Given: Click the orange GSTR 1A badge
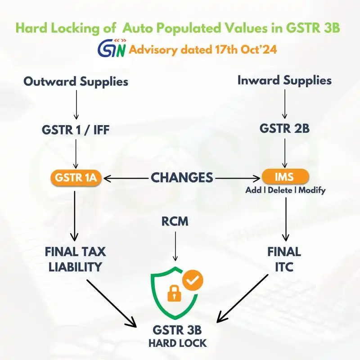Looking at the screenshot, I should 76,177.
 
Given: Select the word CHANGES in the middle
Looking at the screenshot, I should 182,177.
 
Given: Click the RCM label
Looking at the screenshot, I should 175,221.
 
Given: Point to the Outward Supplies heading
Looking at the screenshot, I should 76,81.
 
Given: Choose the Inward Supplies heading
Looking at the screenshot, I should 284,81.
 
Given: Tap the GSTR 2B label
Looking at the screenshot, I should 284,129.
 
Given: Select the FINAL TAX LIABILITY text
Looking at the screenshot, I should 76,259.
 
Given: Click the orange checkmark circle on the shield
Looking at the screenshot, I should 193,280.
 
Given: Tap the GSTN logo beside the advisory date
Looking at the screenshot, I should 112,49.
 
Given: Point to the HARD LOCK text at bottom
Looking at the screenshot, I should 178,343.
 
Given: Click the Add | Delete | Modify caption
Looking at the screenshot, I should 285,190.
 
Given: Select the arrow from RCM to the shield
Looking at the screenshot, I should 175,245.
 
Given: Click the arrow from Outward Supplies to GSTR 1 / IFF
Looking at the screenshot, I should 76,105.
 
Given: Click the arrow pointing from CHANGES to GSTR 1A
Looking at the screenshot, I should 126,178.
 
